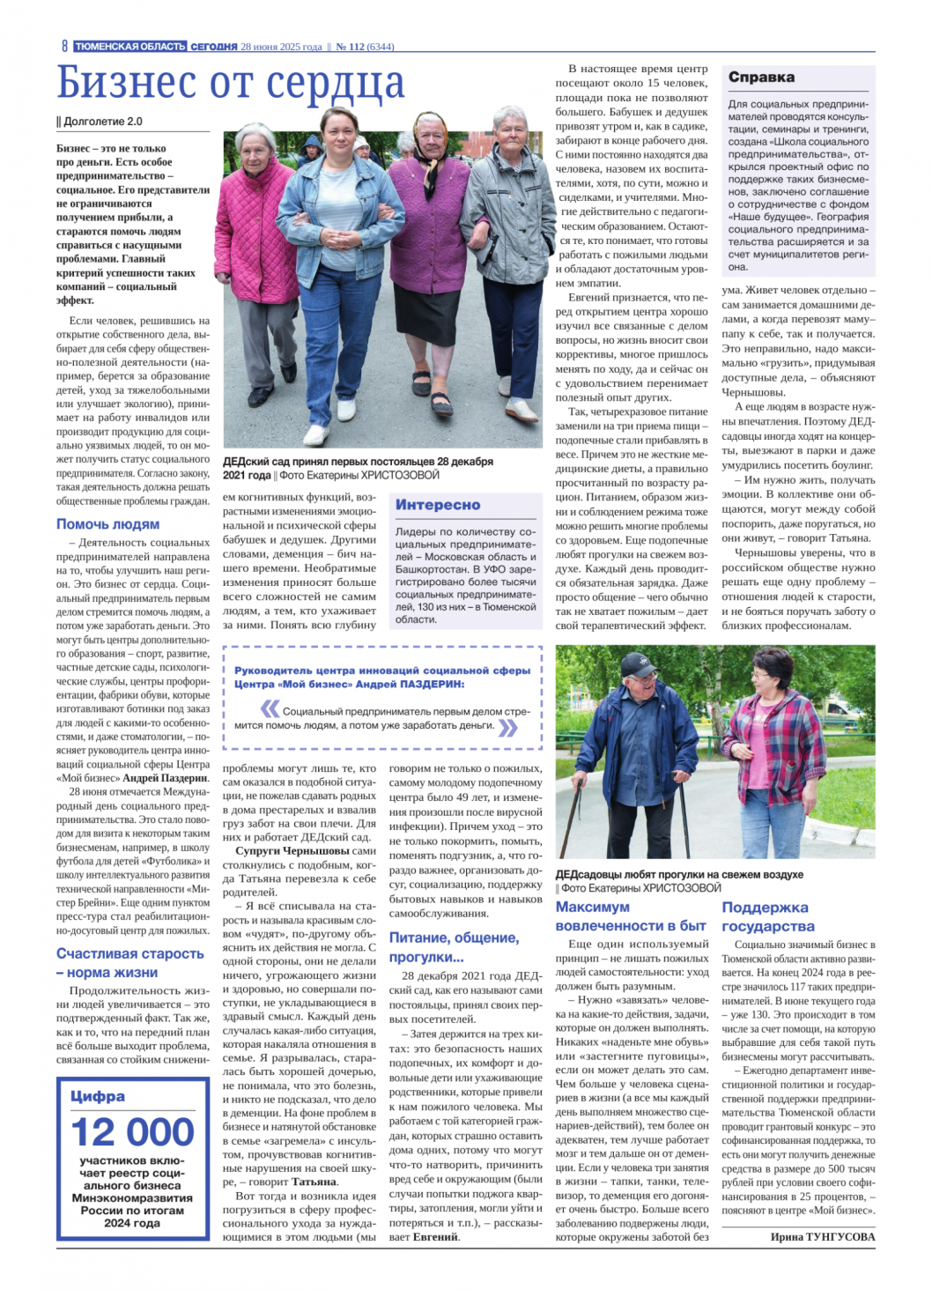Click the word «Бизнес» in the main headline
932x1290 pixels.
pos(126,84)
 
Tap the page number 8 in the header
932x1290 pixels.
pos(64,46)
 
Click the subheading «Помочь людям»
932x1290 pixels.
pos(107,523)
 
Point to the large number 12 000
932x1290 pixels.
pos(132,1131)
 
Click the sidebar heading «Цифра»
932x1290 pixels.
pos(98,1096)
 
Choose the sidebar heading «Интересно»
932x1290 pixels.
pos(438,504)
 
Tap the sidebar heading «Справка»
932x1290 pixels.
pos(761,78)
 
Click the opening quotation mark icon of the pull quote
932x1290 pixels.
pos(270,708)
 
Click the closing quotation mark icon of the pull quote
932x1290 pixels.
pos(508,727)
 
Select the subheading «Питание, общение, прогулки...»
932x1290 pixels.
pos(454,947)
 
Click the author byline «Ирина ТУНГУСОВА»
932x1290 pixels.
pos(823,1236)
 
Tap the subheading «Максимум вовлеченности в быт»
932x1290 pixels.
pos(631,916)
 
